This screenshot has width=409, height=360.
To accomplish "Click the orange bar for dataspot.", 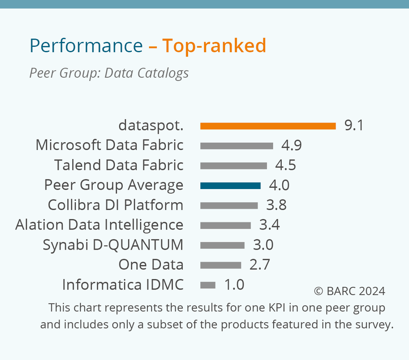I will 268,126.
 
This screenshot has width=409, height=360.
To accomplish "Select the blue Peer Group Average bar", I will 230,185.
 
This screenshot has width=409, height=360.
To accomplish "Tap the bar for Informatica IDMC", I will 208,285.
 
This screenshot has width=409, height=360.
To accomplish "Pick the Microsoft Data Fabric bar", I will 236,146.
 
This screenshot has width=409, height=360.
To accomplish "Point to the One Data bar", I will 220,265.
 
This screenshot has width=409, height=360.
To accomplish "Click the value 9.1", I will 354,125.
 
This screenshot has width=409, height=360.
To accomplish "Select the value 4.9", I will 292,145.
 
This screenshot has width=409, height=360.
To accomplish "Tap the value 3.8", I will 276,205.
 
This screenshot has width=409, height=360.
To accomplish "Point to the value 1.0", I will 234,285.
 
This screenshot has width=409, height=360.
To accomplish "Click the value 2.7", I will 260,265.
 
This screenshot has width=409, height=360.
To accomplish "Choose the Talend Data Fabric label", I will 119,165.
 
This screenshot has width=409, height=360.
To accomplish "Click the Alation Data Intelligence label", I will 99,225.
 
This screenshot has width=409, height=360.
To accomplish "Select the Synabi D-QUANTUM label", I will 113,245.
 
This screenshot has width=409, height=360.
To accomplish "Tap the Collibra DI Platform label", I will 115,205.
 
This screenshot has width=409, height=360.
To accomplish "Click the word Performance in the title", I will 86,46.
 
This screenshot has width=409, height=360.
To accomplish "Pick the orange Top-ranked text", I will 214,46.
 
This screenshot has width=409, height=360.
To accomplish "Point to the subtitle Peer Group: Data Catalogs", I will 109,73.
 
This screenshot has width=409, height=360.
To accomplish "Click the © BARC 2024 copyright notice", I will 349,291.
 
